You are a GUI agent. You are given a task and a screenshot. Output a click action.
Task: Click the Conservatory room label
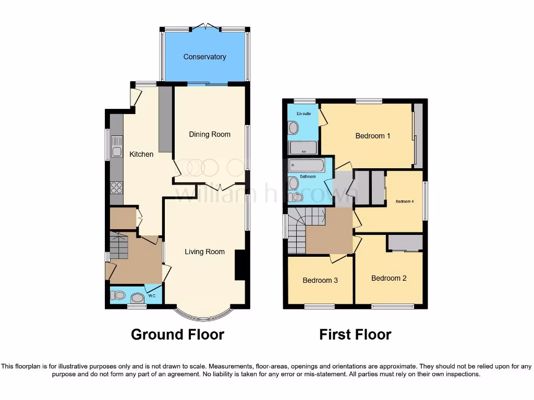[x=204, y=57]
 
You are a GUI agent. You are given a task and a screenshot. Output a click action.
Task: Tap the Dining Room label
[x=210, y=134]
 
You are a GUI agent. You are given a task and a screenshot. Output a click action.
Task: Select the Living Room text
[x=204, y=252]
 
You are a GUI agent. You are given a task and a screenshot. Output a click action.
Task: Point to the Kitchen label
[x=141, y=154]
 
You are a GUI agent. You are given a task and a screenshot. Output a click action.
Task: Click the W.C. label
[x=152, y=296]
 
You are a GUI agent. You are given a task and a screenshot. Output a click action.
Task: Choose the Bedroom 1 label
[x=373, y=136]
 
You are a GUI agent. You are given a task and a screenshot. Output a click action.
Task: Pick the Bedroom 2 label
[x=389, y=278]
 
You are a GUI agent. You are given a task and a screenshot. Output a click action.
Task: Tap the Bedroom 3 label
[x=320, y=280]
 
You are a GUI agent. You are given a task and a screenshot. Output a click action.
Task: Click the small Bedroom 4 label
[x=405, y=201]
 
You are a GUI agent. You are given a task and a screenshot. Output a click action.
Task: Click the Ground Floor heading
[x=177, y=334]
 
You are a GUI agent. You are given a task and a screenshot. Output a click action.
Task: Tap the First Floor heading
[x=355, y=334]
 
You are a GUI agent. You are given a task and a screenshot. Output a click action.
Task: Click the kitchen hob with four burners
[x=116, y=187]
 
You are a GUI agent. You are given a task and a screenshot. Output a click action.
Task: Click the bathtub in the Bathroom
[x=307, y=166]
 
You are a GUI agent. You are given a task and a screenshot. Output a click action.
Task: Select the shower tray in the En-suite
[x=303, y=148]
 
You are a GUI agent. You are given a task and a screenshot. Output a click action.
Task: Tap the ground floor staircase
[x=119, y=246]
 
